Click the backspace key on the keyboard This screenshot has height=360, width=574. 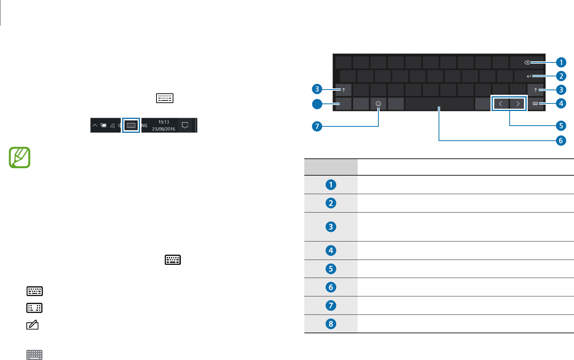(x=527, y=62)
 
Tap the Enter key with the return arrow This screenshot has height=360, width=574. (x=529, y=76)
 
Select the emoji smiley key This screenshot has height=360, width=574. (x=378, y=104)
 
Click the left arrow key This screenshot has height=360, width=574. (x=501, y=104)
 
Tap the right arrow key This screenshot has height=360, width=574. (x=518, y=104)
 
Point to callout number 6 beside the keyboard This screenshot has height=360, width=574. (x=561, y=141)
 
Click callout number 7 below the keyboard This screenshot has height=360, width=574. (x=317, y=126)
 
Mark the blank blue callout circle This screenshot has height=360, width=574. (x=317, y=104)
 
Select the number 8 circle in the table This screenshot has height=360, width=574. (x=331, y=324)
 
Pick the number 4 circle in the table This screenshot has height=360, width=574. (x=331, y=251)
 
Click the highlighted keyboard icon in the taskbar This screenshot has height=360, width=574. (x=131, y=125)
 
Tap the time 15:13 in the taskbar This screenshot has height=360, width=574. (x=164, y=122)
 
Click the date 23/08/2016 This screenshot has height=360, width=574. (x=164, y=129)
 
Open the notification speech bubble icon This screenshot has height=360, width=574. (x=185, y=125)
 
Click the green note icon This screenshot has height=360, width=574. (x=20, y=157)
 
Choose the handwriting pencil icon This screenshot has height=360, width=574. (x=33, y=325)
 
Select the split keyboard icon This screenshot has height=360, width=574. (x=34, y=308)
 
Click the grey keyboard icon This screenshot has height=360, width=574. (x=34, y=354)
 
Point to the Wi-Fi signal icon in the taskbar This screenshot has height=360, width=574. (x=112, y=126)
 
